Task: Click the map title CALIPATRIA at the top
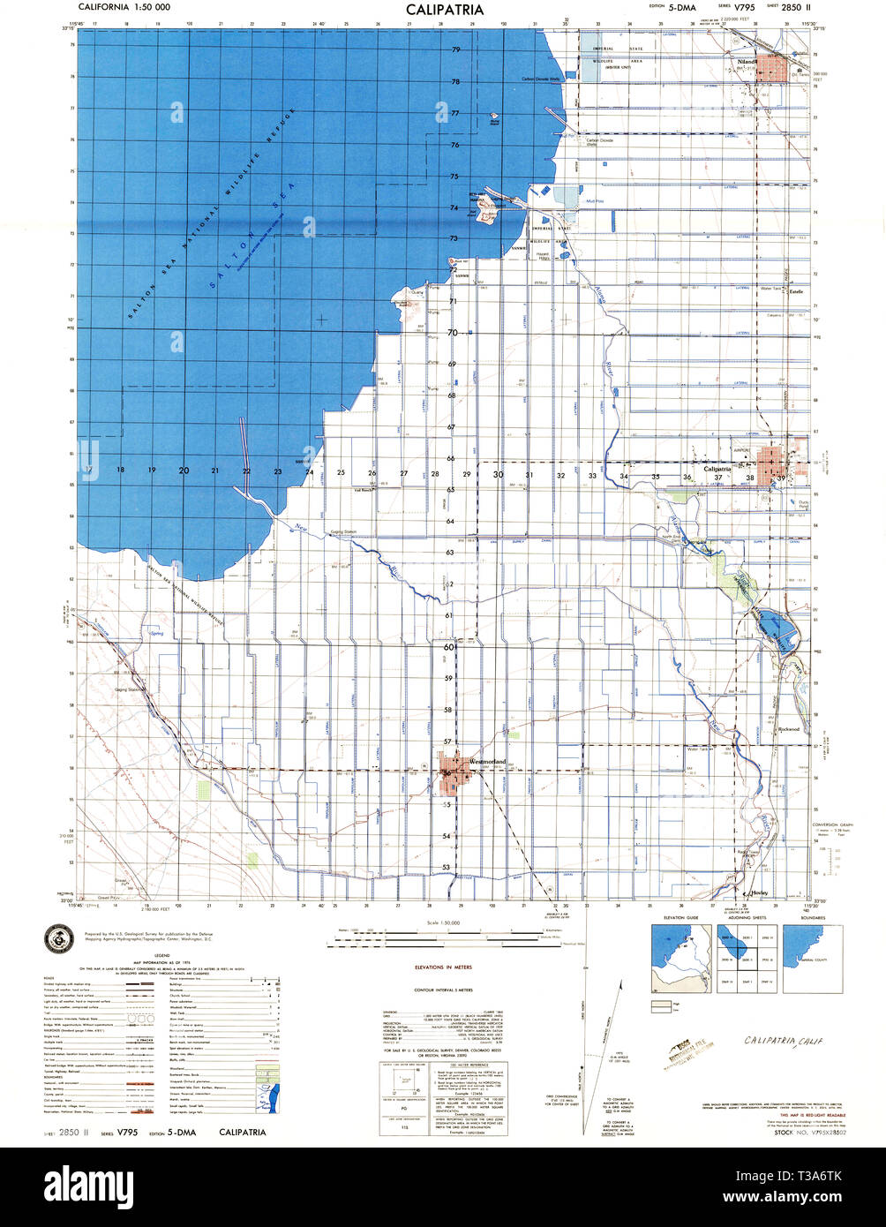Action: pyautogui.click(x=444, y=10)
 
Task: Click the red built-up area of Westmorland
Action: pyautogui.click(x=457, y=772)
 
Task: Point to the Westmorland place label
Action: pyautogui.click(x=487, y=761)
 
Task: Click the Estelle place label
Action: pyautogui.click(x=797, y=291)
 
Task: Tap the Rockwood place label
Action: pyautogui.click(x=789, y=729)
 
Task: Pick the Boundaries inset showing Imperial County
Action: pyautogui.click(x=812, y=959)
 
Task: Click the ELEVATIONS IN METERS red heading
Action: pyautogui.click(x=442, y=968)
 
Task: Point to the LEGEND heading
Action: pyautogui.click(x=161, y=954)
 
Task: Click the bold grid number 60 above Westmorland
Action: pyautogui.click(x=449, y=647)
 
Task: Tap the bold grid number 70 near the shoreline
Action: pyautogui.click(x=452, y=333)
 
